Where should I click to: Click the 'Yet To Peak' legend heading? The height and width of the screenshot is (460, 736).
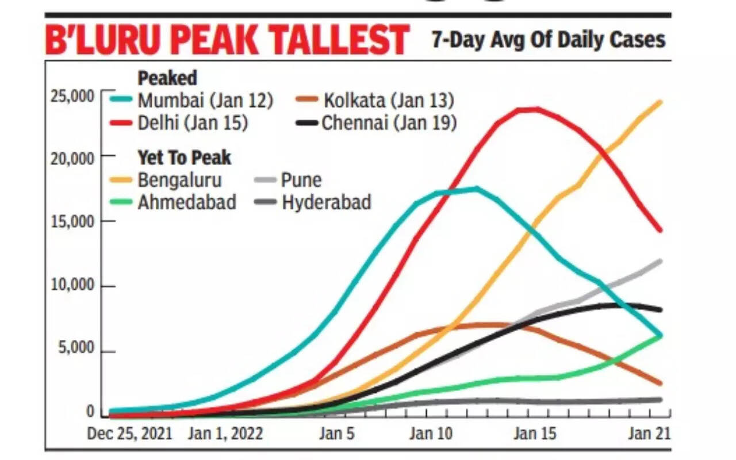pyautogui.click(x=184, y=157)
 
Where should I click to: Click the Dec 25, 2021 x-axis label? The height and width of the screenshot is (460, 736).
pyautogui.click(x=129, y=433)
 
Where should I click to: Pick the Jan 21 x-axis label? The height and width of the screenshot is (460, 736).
pyautogui.click(x=648, y=433)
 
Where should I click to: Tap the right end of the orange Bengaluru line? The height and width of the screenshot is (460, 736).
pyautogui.click(x=660, y=102)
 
